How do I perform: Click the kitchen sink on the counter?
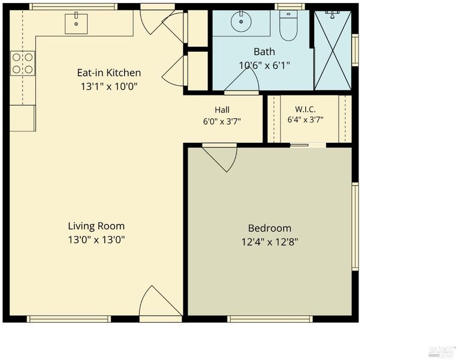click(x=76, y=23)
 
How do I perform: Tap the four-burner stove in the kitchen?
click(x=23, y=63)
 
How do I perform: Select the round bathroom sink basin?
click(x=241, y=22)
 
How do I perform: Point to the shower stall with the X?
click(x=333, y=50)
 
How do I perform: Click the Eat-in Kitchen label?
click(x=109, y=73)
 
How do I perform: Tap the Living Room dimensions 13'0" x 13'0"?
click(x=97, y=240)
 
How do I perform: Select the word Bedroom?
click(x=270, y=228)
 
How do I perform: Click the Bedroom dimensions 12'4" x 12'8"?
click(x=270, y=242)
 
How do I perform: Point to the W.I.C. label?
click(x=305, y=109)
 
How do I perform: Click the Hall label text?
click(x=222, y=110)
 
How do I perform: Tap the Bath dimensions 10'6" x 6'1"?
click(x=264, y=65)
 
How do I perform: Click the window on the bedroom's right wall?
click(x=355, y=226)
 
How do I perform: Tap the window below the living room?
click(x=69, y=319)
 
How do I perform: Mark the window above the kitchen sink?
click(x=73, y=7)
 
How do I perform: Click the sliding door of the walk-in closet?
click(x=308, y=145)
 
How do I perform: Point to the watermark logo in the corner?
click(x=442, y=352)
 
